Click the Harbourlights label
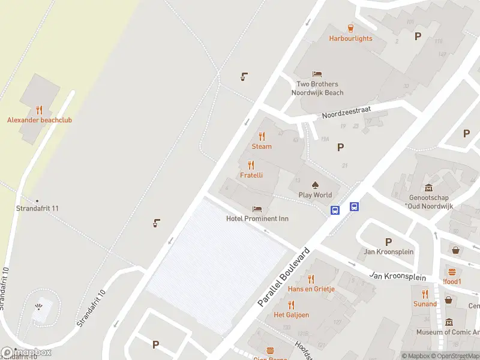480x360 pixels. click(x=350, y=38)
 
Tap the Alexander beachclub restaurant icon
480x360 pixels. click(x=40, y=110)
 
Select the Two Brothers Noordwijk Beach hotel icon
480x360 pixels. click(x=317, y=74)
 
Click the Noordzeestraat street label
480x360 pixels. click(x=346, y=112)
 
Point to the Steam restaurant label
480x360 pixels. click(x=262, y=146)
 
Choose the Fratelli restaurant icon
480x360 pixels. click(x=251, y=165)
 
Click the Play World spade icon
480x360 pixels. click(x=315, y=185)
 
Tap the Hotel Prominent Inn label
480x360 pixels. click(x=257, y=218)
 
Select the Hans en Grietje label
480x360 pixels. click(x=311, y=289)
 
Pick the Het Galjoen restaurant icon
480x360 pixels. click(x=292, y=305)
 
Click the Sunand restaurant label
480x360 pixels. click(x=425, y=304)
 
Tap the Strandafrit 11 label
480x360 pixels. click(x=37, y=208)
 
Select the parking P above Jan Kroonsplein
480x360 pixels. click(x=388, y=242)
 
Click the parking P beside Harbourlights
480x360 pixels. click(x=418, y=37)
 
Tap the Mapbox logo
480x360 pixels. click(x=26, y=353)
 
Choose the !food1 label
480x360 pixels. click(x=452, y=282)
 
